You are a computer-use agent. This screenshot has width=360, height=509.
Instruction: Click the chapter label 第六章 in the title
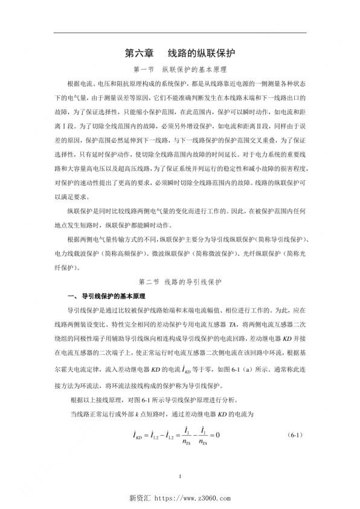tap(138, 53)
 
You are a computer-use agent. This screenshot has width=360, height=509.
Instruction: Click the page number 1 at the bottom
tap(180, 479)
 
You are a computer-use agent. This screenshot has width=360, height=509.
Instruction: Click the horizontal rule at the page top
tap(180, 32)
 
